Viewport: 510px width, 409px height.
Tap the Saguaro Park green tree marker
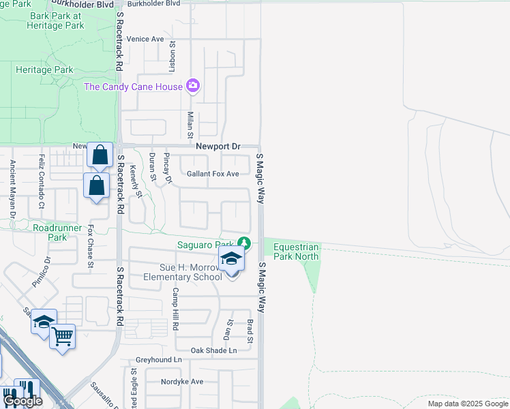tap(243, 243)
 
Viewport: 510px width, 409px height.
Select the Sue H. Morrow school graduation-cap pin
tap(231, 259)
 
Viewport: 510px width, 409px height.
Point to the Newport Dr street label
tap(218, 147)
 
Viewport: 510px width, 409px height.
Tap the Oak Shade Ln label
tap(213, 350)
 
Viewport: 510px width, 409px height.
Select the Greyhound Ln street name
tap(159, 359)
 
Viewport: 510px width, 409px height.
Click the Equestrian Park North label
tap(297, 252)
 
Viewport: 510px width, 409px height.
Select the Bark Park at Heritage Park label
tap(56, 20)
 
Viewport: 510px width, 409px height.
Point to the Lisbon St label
tap(173, 57)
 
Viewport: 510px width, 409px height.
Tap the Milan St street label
tap(191, 124)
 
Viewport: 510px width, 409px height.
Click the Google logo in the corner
tap(22, 401)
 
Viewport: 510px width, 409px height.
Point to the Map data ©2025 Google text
tap(467, 404)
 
